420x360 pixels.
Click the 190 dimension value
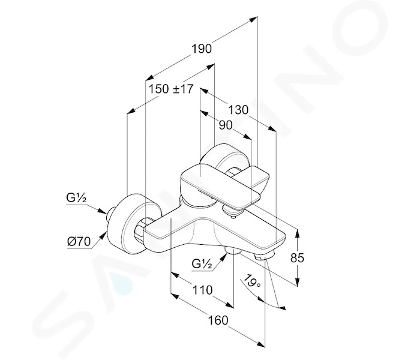202,49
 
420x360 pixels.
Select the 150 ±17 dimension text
171,89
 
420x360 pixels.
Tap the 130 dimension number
238,110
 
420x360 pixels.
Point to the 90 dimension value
226,125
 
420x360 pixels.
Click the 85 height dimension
298,257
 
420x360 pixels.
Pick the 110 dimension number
203,290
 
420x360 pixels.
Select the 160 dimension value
218,320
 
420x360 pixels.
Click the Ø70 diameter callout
79,242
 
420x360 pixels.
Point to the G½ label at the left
76,198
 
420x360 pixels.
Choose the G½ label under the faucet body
202,264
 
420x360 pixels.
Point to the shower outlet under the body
233,251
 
